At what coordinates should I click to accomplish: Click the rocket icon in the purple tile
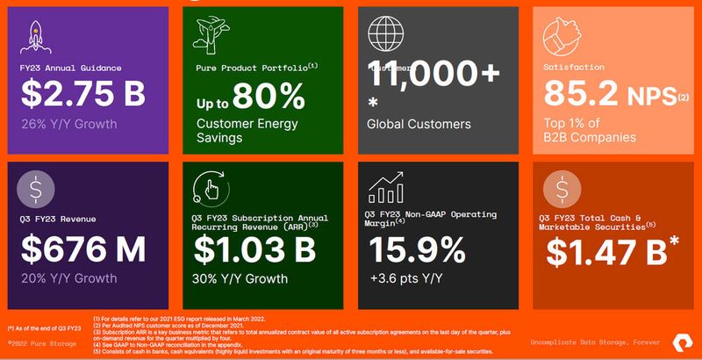coord(36,38)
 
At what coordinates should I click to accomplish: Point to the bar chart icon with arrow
coord(387,187)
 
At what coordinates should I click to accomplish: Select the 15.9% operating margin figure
coord(418,250)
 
